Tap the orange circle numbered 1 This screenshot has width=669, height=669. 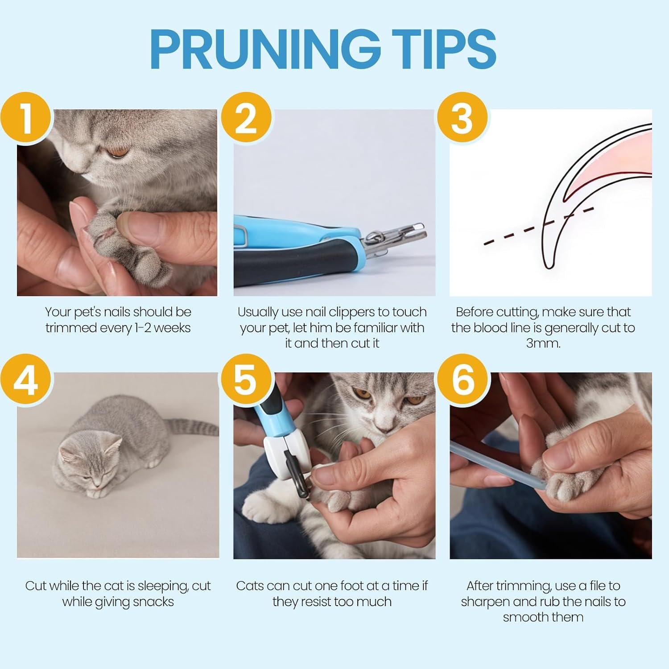point(27,118)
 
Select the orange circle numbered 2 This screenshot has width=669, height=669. point(246,118)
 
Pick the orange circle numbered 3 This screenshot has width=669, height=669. point(462,118)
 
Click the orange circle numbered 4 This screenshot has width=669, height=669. point(27,380)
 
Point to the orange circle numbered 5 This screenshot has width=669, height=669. point(246,380)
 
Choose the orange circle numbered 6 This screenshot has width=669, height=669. point(462,380)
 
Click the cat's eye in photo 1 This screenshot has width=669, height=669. point(118,152)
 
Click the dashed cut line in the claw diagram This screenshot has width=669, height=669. point(539,226)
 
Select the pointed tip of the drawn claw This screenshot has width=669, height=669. point(549,268)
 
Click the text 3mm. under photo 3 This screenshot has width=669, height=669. point(543,343)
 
